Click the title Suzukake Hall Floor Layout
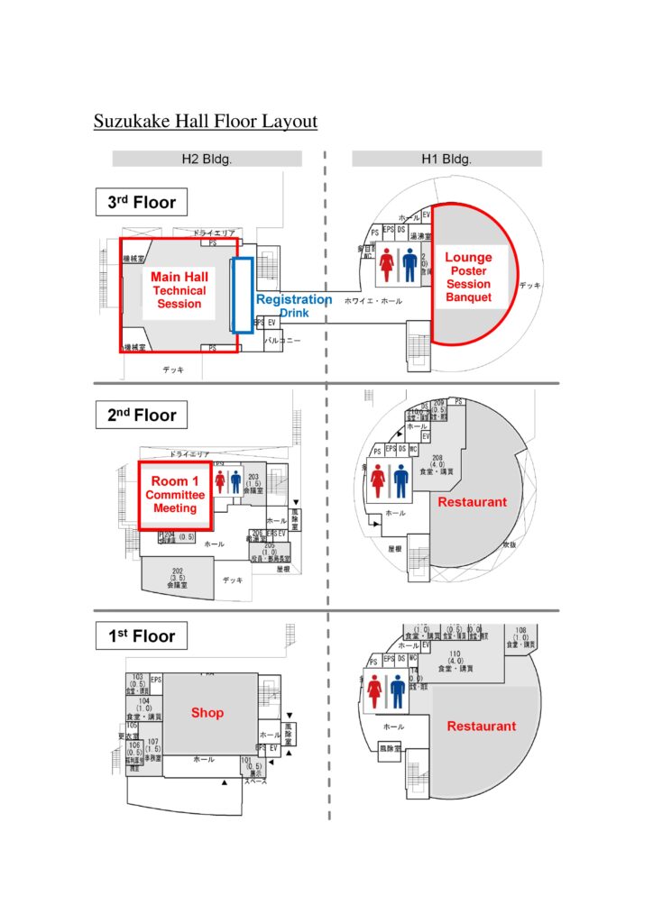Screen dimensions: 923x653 (206, 121)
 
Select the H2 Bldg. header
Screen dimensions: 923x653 (207, 159)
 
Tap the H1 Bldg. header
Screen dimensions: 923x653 (446, 159)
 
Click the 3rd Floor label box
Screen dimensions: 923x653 (142, 202)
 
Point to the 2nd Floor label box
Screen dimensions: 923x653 (142, 416)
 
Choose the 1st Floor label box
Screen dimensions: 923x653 (142, 635)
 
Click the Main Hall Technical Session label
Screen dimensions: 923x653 (179, 290)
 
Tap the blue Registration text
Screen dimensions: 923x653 (294, 299)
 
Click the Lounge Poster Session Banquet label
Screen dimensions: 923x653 (468, 277)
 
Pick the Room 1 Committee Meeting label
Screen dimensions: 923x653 (175, 495)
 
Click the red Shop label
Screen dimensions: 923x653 (207, 712)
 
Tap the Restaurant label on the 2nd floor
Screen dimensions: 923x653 (473, 502)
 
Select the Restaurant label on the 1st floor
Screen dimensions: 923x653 (482, 726)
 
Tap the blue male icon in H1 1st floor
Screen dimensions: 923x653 (398, 692)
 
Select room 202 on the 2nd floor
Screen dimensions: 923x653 (177, 578)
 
